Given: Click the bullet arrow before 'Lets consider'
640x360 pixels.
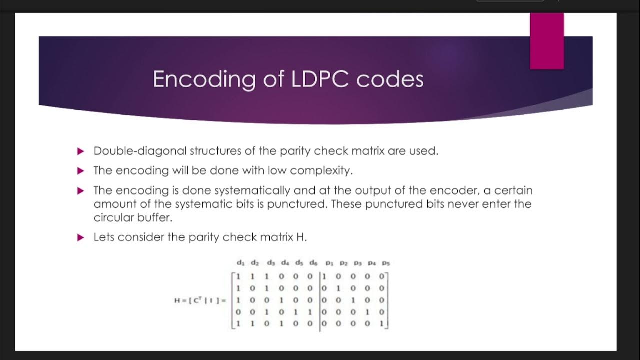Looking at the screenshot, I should pyautogui.click(x=81, y=238).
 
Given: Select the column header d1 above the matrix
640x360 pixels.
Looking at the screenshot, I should pyautogui.click(x=240, y=263).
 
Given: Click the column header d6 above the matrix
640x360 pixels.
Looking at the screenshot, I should pyautogui.click(x=313, y=263).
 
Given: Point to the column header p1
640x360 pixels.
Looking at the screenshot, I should pyautogui.click(x=329, y=263).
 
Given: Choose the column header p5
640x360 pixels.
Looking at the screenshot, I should pyautogui.click(x=385, y=263).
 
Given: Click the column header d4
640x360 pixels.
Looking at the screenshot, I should pyautogui.click(x=285, y=263).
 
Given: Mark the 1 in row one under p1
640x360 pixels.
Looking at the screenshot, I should pyautogui.click(x=325, y=276).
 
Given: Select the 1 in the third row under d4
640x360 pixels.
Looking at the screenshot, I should pyautogui.click(x=281, y=300).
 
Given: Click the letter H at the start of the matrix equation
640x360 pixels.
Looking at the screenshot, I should pyautogui.click(x=177, y=300).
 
